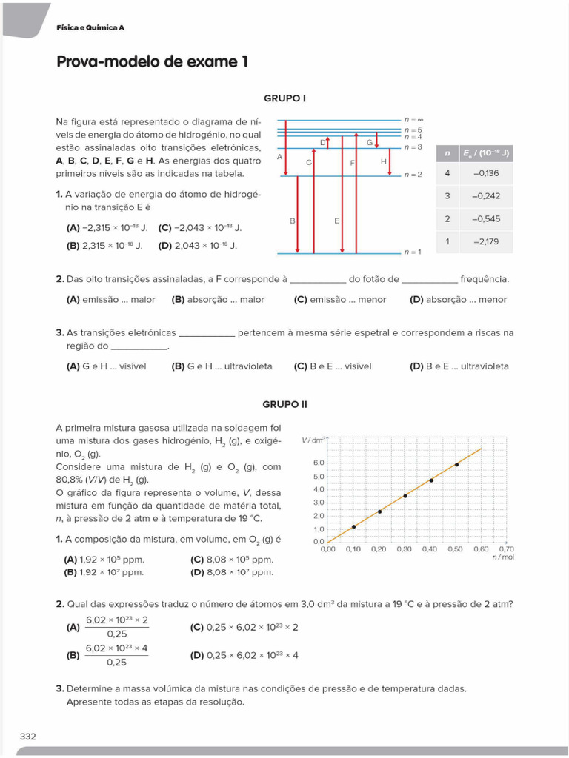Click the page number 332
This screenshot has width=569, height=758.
point(27,736)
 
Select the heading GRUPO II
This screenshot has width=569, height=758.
point(284,404)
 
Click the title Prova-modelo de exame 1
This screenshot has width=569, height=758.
point(152,62)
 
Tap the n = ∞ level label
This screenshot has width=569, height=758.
point(413,119)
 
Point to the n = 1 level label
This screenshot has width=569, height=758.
point(413,252)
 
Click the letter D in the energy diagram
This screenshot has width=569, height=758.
point(323,141)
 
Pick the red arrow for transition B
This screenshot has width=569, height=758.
point(298,215)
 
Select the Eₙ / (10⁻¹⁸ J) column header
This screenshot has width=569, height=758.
point(485,153)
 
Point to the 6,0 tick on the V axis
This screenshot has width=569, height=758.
point(319,463)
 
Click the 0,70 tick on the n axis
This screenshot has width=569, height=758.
point(507,549)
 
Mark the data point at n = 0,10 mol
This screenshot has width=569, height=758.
point(353,526)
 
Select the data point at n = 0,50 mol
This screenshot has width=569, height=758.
point(456,464)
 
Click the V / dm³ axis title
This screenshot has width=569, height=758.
point(313,440)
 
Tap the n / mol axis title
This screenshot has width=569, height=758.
point(503,557)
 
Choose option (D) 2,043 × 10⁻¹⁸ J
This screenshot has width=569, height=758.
point(198,245)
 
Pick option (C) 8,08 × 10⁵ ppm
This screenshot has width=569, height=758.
point(231,560)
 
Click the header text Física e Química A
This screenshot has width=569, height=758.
point(90,27)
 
